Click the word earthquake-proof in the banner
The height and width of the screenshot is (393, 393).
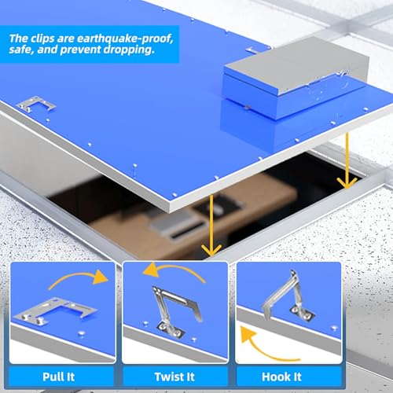pyautogui.click(x=125, y=39)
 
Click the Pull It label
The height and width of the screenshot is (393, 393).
pyautogui.click(x=59, y=377)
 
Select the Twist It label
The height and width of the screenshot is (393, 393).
pyautogui.click(x=174, y=377)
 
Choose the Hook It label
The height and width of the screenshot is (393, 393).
pyautogui.click(x=281, y=377)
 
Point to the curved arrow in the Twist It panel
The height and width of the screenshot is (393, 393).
pyautogui.click(x=174, y=270)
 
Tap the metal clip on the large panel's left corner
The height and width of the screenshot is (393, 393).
pyautogui.click(x=36, y=105)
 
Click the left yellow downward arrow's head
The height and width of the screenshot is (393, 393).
pyautogui.click(x=211, y=250)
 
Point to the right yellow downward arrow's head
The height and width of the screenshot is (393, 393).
pyautogui.click(x=347, y=183)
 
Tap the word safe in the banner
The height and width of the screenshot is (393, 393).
pyautogui.click(x=20, y=50)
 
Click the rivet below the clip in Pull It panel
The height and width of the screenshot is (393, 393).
pyautogui.click(x=82, y=333)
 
